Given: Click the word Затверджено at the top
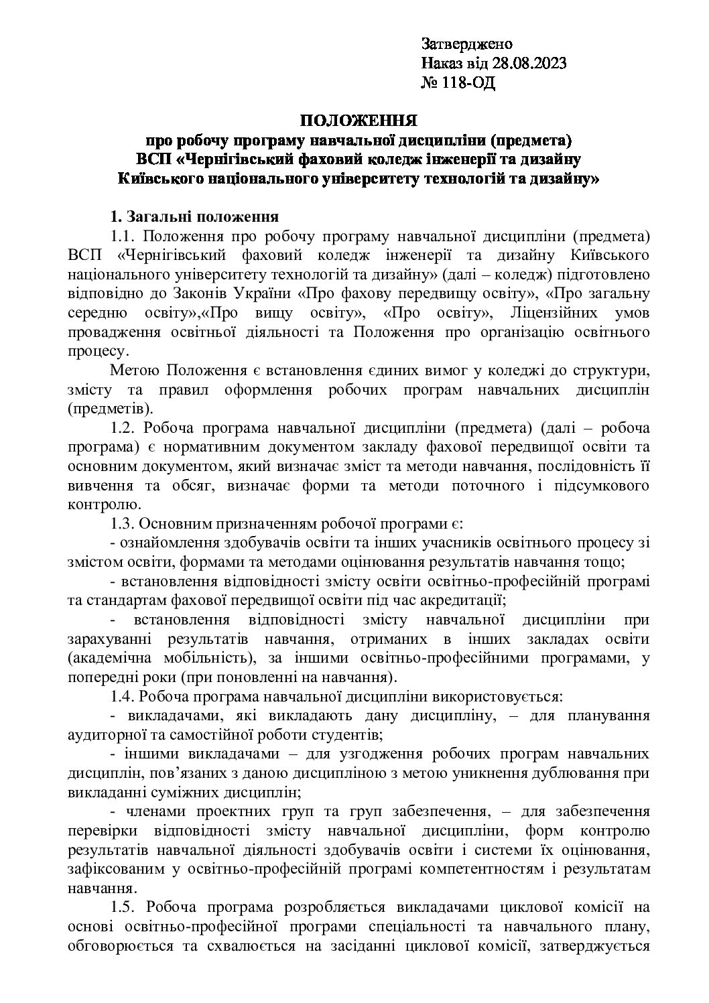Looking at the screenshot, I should pos(467,44).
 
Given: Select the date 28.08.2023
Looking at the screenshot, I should pos(529,64).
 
